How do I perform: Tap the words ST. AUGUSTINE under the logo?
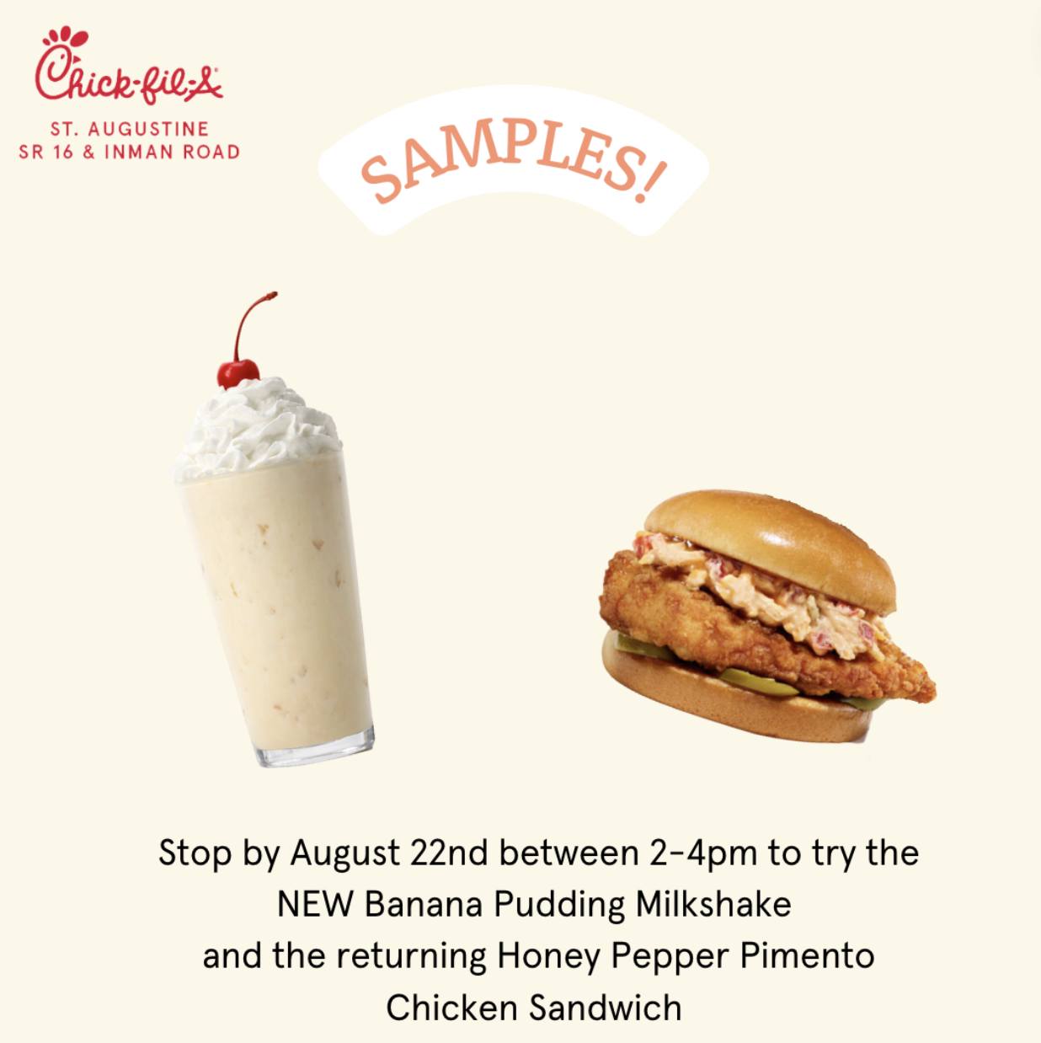point(130,129)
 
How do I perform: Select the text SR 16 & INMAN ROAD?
point(130,152)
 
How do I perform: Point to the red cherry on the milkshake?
point(238,373)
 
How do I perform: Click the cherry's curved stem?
point(250,324)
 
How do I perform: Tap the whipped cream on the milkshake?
point(256,431)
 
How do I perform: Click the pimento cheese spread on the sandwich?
point(763,590)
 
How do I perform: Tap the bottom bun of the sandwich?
point(736,703)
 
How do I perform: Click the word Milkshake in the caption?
point(713,905)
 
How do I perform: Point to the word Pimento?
point(807,956)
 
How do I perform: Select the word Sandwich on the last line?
point(606,1008)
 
